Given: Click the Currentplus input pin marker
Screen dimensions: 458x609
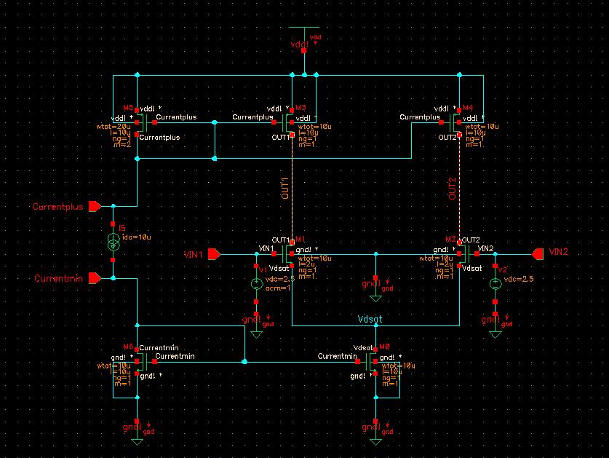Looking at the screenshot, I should (x=94, y=207).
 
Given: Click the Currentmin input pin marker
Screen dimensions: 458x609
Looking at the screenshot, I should (x=94, y=278).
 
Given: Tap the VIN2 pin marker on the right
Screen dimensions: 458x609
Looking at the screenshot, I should (x=538, y=253).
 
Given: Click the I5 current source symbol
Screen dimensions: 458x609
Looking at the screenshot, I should (x=114, y=242).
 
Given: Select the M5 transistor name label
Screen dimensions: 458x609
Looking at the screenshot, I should (x=127, y=108).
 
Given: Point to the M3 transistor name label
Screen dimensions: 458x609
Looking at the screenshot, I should (x=301, y=108).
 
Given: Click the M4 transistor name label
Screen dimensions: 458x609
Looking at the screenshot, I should (x=467, y=108).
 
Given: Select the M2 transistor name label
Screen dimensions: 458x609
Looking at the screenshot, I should (x=450, y=240).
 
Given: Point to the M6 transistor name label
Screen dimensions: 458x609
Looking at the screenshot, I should (x=127, y=347).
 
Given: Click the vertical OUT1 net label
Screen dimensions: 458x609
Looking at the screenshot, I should (x=286, y=187).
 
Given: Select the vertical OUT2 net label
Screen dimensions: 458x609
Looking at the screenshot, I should (x=452, y=187).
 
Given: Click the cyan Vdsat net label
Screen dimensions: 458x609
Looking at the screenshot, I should (x=370, y=320).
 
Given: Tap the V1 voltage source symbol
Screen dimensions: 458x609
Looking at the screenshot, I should (x=256, y=285).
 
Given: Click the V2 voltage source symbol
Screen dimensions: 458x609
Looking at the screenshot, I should (x=495, y=285).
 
